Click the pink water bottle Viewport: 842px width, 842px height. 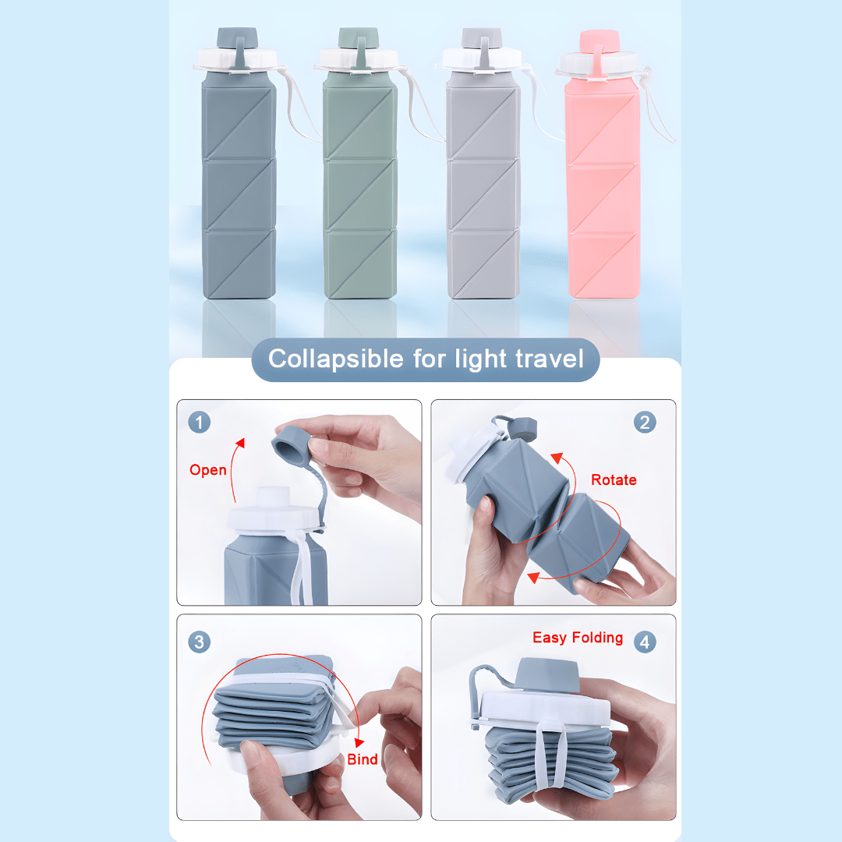pyautogui.click(x=603, y=167)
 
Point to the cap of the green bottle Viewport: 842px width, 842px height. pyautogui.click(x=359, y=38)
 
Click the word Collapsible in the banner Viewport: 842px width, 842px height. pyautogui.click(x=335, y=359)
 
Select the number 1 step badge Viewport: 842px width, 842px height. pyautogui.click(x=200, y=422)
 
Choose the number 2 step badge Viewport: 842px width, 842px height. pyautogui.click(x=645, y=422)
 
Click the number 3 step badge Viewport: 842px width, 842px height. pyautogui.click(x=200, y=642)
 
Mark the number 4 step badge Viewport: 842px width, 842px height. pyautogui.click(x=645, y=642)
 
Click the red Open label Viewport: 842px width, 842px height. pyautogui.click(x=208, y=470)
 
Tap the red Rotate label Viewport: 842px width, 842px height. pyautogui.click(x=614, y=479)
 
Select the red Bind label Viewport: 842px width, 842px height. pyautogui.click(x=363, y=759)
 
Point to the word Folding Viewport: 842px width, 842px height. pyautogui.click(x=597, y=638)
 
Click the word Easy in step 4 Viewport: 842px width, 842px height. pyautogui.click(x=550, y=638)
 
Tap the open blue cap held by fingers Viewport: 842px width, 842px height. pyautogui.click(x=292, y=443)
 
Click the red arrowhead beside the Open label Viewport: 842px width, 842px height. pyautogui.click(x=240, y=443)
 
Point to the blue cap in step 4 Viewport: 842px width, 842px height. pyautogui.click(x=547, y=674)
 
